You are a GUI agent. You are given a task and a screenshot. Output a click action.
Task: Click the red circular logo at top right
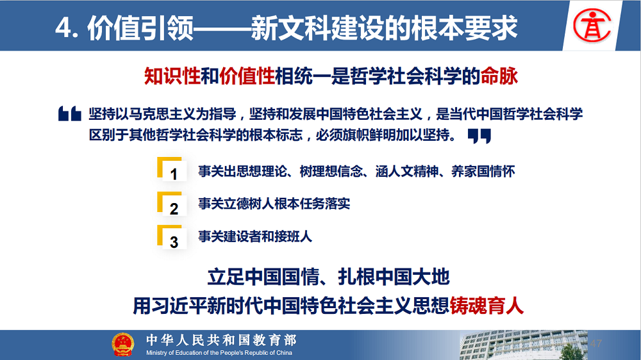pyautogui.click(x=592, y=26)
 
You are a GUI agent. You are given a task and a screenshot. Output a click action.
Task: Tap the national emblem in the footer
pyautogui.click(x=122, y=345)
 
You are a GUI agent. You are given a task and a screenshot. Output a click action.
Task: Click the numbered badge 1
pyautogui.click(x=172, y=169)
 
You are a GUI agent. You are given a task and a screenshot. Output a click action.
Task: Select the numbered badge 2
pyautogui.click(x=172, y=204)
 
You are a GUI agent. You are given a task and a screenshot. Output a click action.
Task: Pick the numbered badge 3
pyautogui.click(x=172, y=237)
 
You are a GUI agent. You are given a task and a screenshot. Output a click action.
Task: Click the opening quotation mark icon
pyautogui.click(x=69, y=113)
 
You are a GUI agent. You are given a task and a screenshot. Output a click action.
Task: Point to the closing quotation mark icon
pyautogui.click(x=479, y=136)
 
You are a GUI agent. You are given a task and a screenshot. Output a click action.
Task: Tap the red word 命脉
pyautogui.click(x=499, y=76)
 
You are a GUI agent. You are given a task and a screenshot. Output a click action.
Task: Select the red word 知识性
pyautogui.click(x=172, y=76)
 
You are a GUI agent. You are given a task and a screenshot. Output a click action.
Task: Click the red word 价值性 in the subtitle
pyautogui.click(x=247, y=76)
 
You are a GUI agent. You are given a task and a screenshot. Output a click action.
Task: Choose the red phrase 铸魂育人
pyautogui.click(x=487, y=306)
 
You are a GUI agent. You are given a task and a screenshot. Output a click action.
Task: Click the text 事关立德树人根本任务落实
pyautogui.click(x=274, y=204)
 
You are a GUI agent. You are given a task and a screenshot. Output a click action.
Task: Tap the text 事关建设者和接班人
pyautogui.click(x=255, y=236)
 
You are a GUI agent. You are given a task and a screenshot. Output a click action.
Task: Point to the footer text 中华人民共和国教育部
pyautogui.click(x=221, y=340)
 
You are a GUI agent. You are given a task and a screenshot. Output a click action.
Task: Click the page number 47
pyautogui.click(x=596, y=343)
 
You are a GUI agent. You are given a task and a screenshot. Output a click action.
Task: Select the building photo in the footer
pyautogui.click(x=523, y=345)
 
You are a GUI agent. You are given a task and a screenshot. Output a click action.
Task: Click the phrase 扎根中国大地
pyautogui.click(x=394, y=277)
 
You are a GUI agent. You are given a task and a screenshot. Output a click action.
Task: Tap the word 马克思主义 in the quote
pyautogui.click(x=162, y=114)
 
